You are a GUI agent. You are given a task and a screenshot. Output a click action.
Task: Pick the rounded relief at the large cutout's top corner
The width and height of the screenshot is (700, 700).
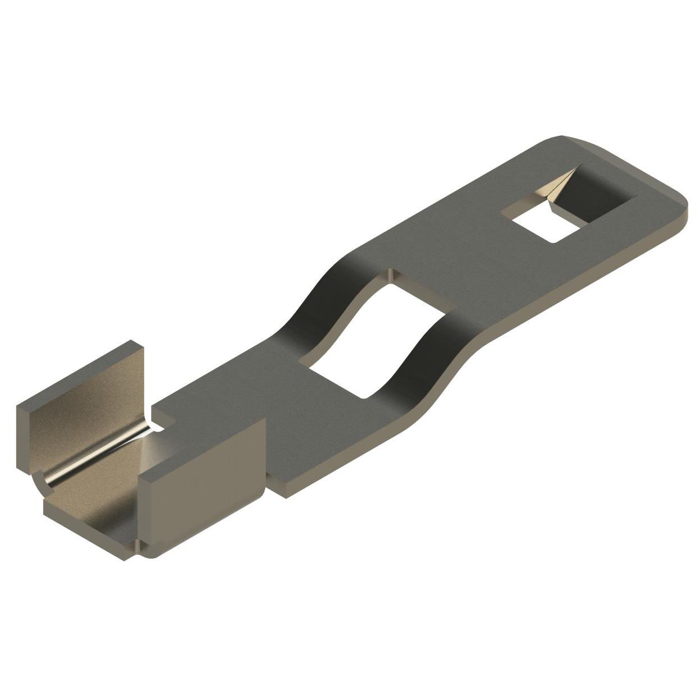390,274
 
